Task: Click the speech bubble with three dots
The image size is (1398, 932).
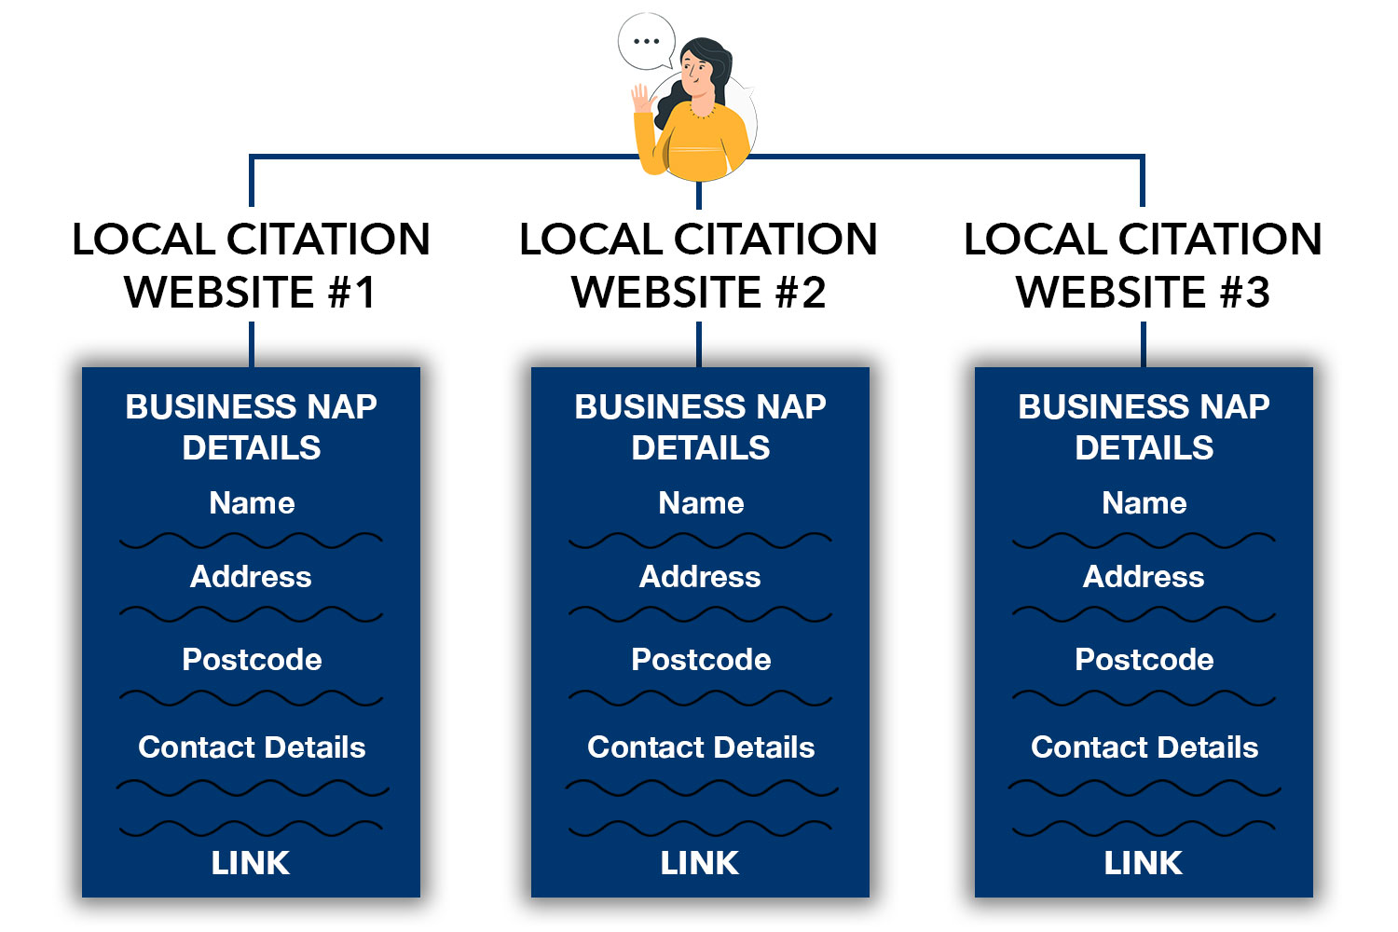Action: click(647, 41)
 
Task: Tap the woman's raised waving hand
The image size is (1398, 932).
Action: click(641, 99)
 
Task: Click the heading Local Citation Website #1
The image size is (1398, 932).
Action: click(251, 266)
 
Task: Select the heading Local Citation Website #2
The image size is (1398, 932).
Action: click(698, 266)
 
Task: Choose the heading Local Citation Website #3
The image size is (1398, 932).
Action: click(1143, 266)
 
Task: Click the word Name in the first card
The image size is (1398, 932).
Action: click(252, 502)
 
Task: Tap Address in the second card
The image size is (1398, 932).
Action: click(700, 576)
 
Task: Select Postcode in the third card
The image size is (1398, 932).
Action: click(1144, 659)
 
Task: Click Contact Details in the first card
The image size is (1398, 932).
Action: click(252, 747)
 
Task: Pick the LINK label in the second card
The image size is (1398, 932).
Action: click(700, 863)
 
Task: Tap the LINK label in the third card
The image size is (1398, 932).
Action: click(1144, 863)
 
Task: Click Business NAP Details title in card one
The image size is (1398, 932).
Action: click(252, 427)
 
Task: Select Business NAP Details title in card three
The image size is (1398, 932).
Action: click(1144, 427)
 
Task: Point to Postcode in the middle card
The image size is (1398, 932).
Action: click(701, 659)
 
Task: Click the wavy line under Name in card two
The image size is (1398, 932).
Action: click(700, 541)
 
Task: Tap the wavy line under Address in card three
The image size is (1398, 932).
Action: click(1144, 614)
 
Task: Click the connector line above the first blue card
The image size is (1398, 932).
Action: click(252, 345)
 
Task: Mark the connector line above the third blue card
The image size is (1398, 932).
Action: click(1144, 345)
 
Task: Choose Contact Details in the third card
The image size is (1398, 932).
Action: click(1144, 747)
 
